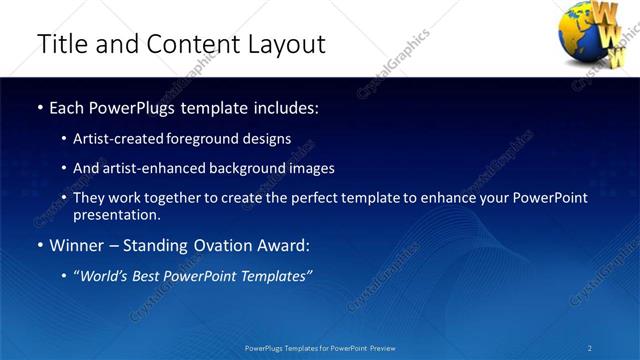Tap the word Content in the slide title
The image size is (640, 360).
(x=185, y=44)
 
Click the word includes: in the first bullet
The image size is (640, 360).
(x=286, y=107)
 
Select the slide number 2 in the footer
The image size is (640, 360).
(x=590, y=348)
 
